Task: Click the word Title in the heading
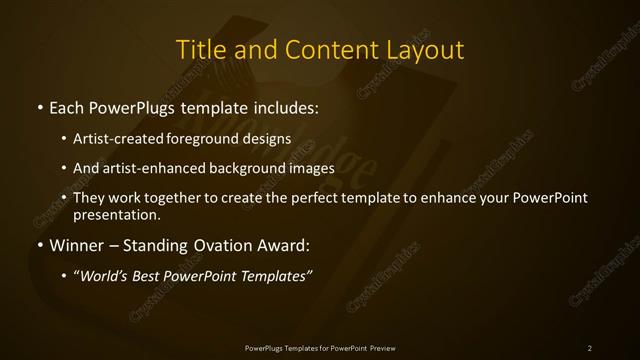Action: pyautogui.click(x=199, y=49)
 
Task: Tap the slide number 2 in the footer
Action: pyautogui.click(x=590, y=347)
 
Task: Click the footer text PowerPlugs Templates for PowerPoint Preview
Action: pyautogui.click(x=319, y=347)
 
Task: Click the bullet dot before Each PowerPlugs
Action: pyautogui.click(x=38, y=106)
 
